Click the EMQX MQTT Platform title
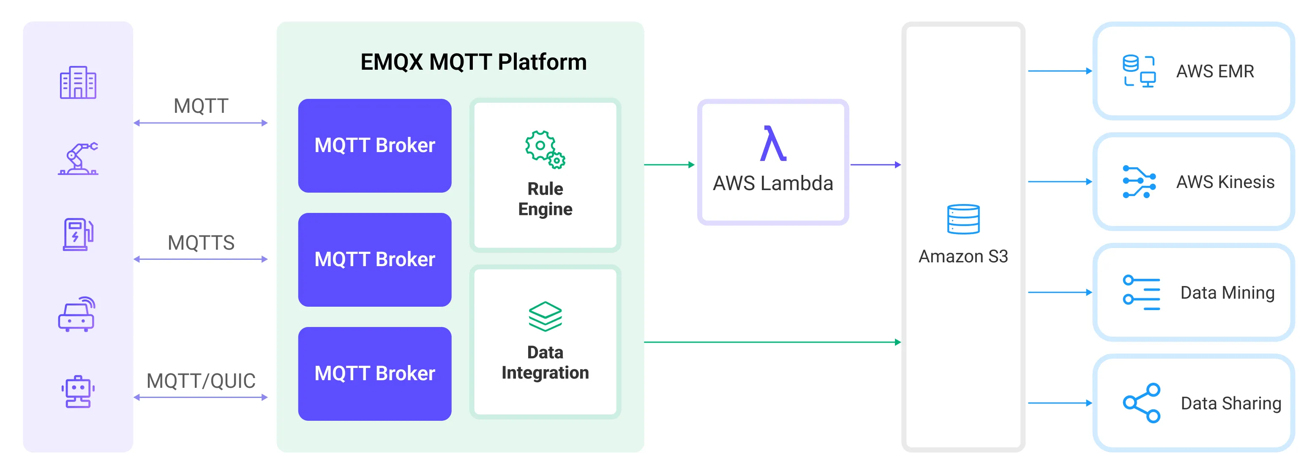point(473,62)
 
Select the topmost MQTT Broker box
point(374,146)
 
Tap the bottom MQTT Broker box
point(374,374)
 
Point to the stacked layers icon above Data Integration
point(545,316)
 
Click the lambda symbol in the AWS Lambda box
point(773,144)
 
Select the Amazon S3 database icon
point(963,219)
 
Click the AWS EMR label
point(1215,71)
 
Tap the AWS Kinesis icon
point(1139,182)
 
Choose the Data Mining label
point(1227,293)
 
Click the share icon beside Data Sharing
point(1141,403)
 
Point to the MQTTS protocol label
point(201,243)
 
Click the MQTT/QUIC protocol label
point(201,381)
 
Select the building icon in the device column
point(78,82)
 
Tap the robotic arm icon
point(78,159)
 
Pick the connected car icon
point(77,314)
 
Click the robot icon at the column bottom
point(78,392)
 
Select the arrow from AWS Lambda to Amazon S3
point(875,164)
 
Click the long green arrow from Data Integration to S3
point(772,342)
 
